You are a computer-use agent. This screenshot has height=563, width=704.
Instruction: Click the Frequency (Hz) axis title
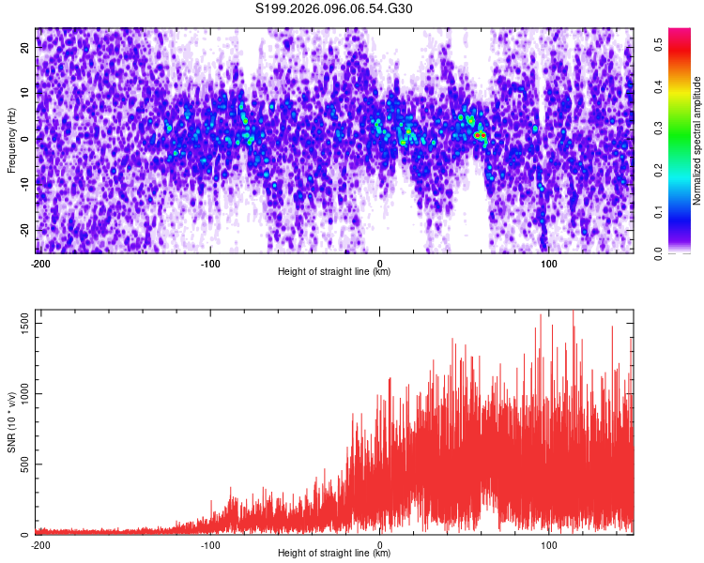(x=10, y=140)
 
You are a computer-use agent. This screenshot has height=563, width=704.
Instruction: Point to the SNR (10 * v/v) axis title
(x=10, y=421)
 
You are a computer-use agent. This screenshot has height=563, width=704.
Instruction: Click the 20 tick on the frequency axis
(x=25, y=50)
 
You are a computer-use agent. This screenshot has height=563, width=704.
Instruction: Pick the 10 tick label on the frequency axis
(x=25, y=94)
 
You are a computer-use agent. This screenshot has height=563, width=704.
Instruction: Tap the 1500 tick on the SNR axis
(x=22, y=323)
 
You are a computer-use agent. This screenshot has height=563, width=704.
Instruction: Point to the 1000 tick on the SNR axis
(x=22, y=394)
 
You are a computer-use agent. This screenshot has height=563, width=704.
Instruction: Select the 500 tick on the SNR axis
(x=23, y=464)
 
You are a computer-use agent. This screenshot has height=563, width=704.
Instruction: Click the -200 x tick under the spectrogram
(x=40, y=264)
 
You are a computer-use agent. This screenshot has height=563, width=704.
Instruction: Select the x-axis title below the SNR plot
(x=334, y=554)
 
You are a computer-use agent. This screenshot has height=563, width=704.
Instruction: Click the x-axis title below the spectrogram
(x=334, y=272)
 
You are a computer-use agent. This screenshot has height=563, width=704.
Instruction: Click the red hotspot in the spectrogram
(x=480, y=136)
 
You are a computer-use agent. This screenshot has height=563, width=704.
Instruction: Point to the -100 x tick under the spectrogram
(x=210, y=264)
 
